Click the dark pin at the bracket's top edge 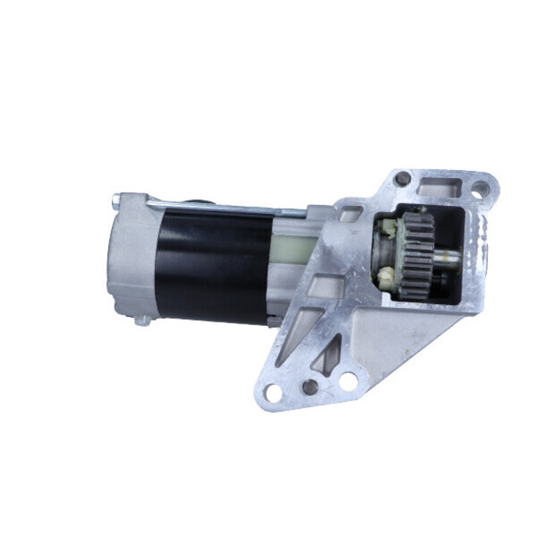402,178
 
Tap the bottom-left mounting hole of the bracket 274,389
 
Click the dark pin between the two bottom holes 310,386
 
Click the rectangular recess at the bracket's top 440,190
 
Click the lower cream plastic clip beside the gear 386,280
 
